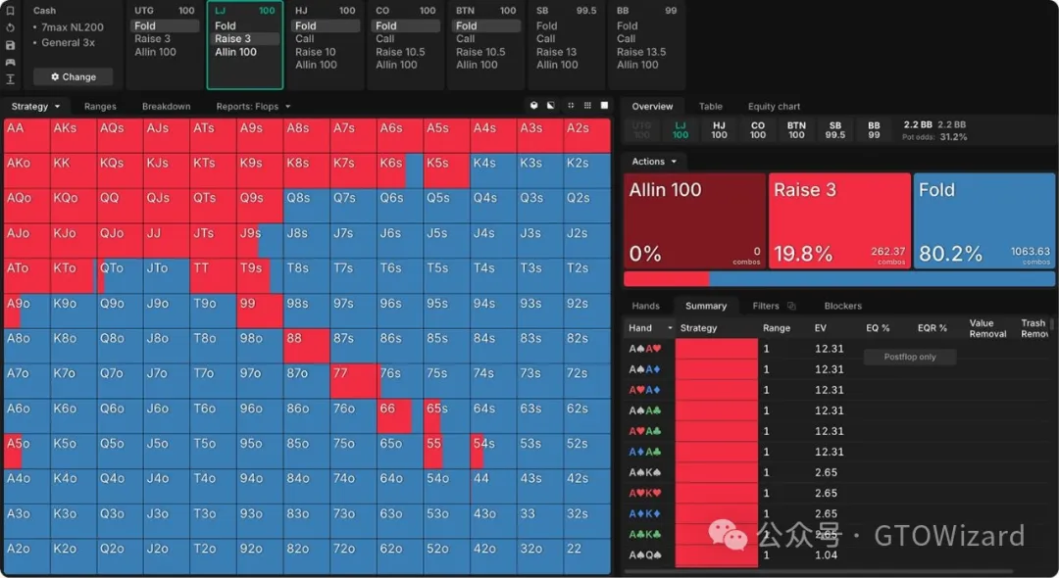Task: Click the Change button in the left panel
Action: point(74,76)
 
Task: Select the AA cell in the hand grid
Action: point(26,135)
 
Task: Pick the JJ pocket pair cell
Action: point(167,240)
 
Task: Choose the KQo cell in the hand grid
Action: point(73,206)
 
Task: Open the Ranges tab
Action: point(100,106)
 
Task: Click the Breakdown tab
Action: point(166,106)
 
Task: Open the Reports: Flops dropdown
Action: point(253,106)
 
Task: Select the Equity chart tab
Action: point(774,106)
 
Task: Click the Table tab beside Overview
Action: point(710,106)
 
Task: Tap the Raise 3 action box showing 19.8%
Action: point(839,220)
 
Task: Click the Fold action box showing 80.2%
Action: point(983,220)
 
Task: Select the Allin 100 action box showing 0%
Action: point(695,220)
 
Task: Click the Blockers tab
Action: point(842,306)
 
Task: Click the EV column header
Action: point(821,328)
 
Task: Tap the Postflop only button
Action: point(909,357)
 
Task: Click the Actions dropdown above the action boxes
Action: point(653,162)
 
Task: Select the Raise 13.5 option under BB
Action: point(641,52)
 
